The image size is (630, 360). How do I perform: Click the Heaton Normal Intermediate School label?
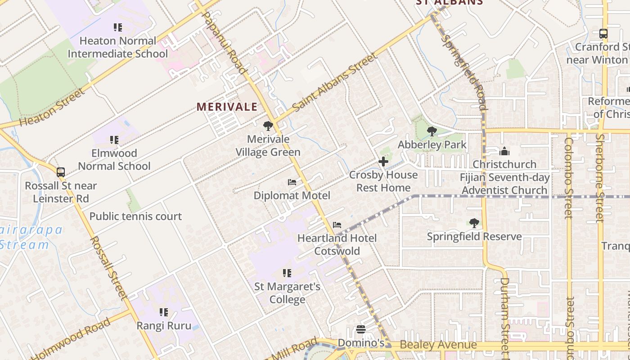[x=117, y=47]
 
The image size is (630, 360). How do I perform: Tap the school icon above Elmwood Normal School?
[x=114, y=140]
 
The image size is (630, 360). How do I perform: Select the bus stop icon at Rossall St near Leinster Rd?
[x=61, y=172]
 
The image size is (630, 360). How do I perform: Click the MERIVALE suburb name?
[x=227, y=107]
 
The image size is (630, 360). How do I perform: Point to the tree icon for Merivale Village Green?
[x=268, y=126]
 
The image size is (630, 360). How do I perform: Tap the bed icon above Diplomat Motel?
[x=292, y=182]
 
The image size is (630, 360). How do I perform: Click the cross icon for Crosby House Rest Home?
[x=383, y=162]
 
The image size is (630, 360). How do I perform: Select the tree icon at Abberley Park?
[x=432, y=131]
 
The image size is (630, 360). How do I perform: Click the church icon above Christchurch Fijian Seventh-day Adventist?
[x=504, y=151]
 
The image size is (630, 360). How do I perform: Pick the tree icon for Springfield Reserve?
[x=474, y=223]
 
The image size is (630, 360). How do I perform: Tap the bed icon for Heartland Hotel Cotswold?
[x=337, y=225]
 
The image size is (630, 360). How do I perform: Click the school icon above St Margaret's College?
[x=287, y=273]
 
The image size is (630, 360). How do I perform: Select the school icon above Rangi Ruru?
[x=164, y=312]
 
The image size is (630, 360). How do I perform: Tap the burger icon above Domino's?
[x=360, y=329]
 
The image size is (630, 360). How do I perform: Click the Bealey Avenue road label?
[x=438, y=345]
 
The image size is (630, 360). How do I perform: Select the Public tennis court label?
[x=135, y=216]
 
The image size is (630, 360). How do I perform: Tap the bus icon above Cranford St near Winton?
[x=603, y=33]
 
